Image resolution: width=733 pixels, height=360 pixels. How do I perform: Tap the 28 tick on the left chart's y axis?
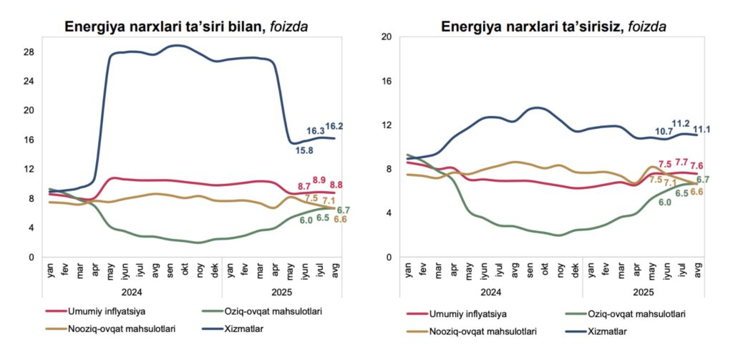[x=29, y=52]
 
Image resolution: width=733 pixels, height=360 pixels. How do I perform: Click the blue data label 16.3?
[x=315, y=131]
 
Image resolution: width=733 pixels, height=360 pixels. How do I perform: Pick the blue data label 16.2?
[x=334, y=127]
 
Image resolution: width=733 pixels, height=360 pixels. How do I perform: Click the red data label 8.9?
[x=319, y=180]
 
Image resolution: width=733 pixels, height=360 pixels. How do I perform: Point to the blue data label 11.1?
[x=701, y=129]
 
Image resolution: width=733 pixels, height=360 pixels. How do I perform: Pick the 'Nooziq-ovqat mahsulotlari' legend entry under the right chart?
[x=483, y=331]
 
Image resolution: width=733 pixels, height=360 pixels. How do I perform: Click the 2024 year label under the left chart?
[x=131, y=291]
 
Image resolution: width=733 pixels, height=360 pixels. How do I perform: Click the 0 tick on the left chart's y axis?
[x=31, y=257]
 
